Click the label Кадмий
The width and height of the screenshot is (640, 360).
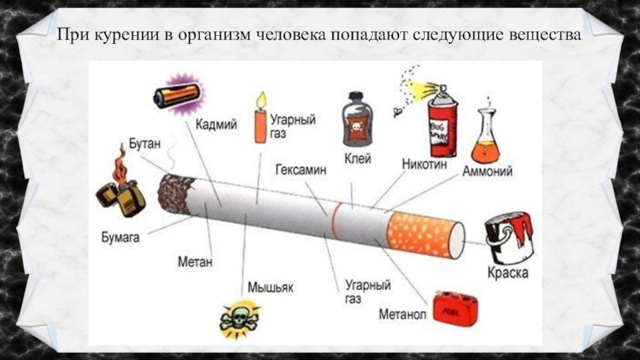pyautogui.click(x=216, y=125)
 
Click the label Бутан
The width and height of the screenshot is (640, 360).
pyautogui.click(x=145, y=144)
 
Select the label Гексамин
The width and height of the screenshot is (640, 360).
pyautogui.click(x=300, y=170)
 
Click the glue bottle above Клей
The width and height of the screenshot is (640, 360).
pyautogui.click(x=356, y=120)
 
